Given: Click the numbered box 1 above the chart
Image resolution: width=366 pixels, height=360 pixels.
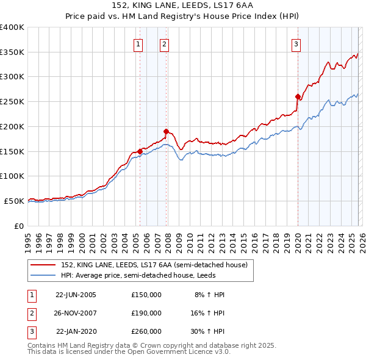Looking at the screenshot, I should [x=138, y=43].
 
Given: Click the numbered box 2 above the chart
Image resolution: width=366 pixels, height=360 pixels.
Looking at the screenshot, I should [x=165, y=43].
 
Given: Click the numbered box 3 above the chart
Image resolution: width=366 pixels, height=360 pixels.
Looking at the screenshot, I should [x=296, y=43].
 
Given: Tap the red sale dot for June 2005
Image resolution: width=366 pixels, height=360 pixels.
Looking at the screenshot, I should [x=140, y=151].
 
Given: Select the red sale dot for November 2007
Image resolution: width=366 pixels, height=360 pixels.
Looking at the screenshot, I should [x=166, y=131].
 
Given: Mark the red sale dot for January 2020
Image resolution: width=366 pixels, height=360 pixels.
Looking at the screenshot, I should [x=298, y=96].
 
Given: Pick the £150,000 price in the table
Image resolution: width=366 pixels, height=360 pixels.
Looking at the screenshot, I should [x=146, y=295].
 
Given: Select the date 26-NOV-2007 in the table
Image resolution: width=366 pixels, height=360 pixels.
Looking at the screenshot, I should [x=76, y=313].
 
